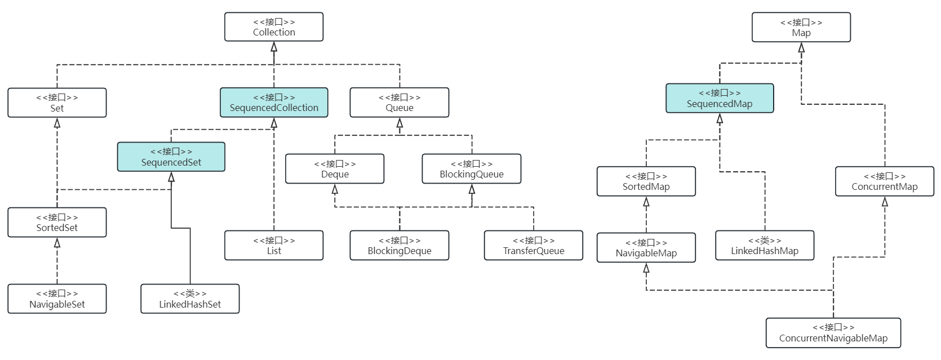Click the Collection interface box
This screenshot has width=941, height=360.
pyautogui.click(x=274, y=27)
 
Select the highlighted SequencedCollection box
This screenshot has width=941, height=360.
pyautogui.click(x=274, y=103)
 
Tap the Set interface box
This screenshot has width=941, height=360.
pyautogui.click(x=57, y=103)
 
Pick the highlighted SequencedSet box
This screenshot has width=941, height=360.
pyautogui.click(x=171, y=157)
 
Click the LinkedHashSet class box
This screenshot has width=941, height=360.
pyautogui.click(x=190, y=299)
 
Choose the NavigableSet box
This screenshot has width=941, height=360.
pyautogui.click(x=57, y=299)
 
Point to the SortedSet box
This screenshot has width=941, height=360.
pyautogui.click(x=57, y=222)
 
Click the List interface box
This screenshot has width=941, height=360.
pyautogui.click(x=274, y=245)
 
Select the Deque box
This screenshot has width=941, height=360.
pyautogui.click(x=335, y=168)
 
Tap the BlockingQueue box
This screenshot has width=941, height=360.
pyautogui.click(x=472, y=168)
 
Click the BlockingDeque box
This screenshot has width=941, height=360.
pyautogui.click(x=400, y=245)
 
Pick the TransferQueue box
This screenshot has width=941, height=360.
pyautogui.click(x=534, y=245)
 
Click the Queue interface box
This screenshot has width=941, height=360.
pyautogui.click(x=400, y=103)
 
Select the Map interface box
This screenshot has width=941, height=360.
pyautogui.click(x=801, y=28)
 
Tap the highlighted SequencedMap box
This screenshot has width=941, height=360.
pyautogui.click(x=720, y=98)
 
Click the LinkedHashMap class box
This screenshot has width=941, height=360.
pyautogui.click(x=765, y=245)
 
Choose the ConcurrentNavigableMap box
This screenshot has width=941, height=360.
pyautogui.click(x=833, y=332)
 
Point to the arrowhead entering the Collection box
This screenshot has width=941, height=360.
pyautogui.click(x=274, y=47)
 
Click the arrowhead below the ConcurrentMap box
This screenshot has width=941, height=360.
pyautogui.click(x=885, y=202)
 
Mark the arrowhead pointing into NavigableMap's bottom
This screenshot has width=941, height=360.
pyautogui.click(x=646, y=269)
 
